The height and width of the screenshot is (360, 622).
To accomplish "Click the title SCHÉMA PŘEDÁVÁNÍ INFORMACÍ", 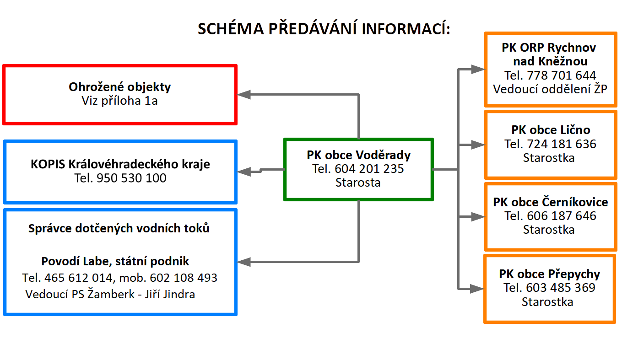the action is pyautogui.click(x=324, y=28).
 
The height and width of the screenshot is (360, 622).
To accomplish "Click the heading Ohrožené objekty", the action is pyautogui.click(x=119, y=87).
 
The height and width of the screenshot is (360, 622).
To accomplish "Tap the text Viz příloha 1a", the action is pyautogui.click(x=119, y=101).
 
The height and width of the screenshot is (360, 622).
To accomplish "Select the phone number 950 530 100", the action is pyautogui.click(x=131, y=178).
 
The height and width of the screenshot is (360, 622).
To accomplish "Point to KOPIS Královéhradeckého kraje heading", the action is pyautogui.click(x=120, y=164).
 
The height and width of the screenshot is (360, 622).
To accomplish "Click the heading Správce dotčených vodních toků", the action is pyautogui.click(x=119, y=228).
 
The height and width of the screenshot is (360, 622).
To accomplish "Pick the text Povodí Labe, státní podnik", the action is pyautogui.click(x=115, y=261).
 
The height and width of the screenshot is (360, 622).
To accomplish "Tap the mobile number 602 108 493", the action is pyautogui.click(x=184, y=278).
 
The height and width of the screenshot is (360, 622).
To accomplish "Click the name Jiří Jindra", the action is pyautogui.click(x=170, y=294).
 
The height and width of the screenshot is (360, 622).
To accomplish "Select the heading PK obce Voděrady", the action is pyautogui.click(x=358, y=155).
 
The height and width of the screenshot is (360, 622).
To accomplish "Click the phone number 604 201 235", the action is pyautogui.click(x=369, y=169).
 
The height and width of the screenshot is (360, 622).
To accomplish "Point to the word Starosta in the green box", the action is pyautogui.click(x=358, y=183).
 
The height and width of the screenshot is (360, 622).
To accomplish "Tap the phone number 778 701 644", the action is pyautogui.click(x=562, y=75).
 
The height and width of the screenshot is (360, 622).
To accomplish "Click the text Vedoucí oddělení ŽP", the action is pyautogui.click(x=550, y=89).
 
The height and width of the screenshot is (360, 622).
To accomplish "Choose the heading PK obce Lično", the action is pyautogui.click(x=551, y=130).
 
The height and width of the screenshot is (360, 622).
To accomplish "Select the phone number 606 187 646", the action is pyautogui.click(x=562, y=216).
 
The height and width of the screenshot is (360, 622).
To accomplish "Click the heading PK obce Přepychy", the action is pyautogui.click(x=550, y=274).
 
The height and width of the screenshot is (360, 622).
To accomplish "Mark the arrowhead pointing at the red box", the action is pyautogui.click(x=244, y=95).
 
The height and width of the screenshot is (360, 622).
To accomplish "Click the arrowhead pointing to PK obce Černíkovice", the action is pyautogui.click(x=478, y=217).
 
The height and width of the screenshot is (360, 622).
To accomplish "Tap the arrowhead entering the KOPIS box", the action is pyautogui.click(x=244, y=172).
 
